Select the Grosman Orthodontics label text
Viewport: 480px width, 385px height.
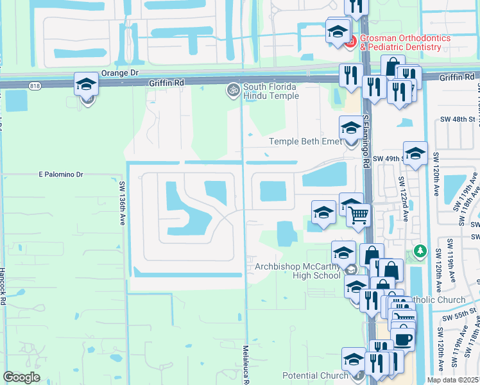coord(404,42)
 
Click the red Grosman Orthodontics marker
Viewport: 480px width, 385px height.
coord(350,42)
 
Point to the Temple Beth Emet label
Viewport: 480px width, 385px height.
coord(305,142)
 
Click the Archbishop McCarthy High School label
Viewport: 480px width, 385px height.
coord(297,271)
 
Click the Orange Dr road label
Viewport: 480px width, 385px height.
coord(121,73)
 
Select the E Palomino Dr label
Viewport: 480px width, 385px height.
coord(61,174)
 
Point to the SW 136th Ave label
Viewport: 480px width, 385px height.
coord(122,201)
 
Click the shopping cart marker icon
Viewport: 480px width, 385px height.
coord(359,215)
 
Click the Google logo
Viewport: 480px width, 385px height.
coord(21,377)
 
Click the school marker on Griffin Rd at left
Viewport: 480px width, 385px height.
coord(86,85)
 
